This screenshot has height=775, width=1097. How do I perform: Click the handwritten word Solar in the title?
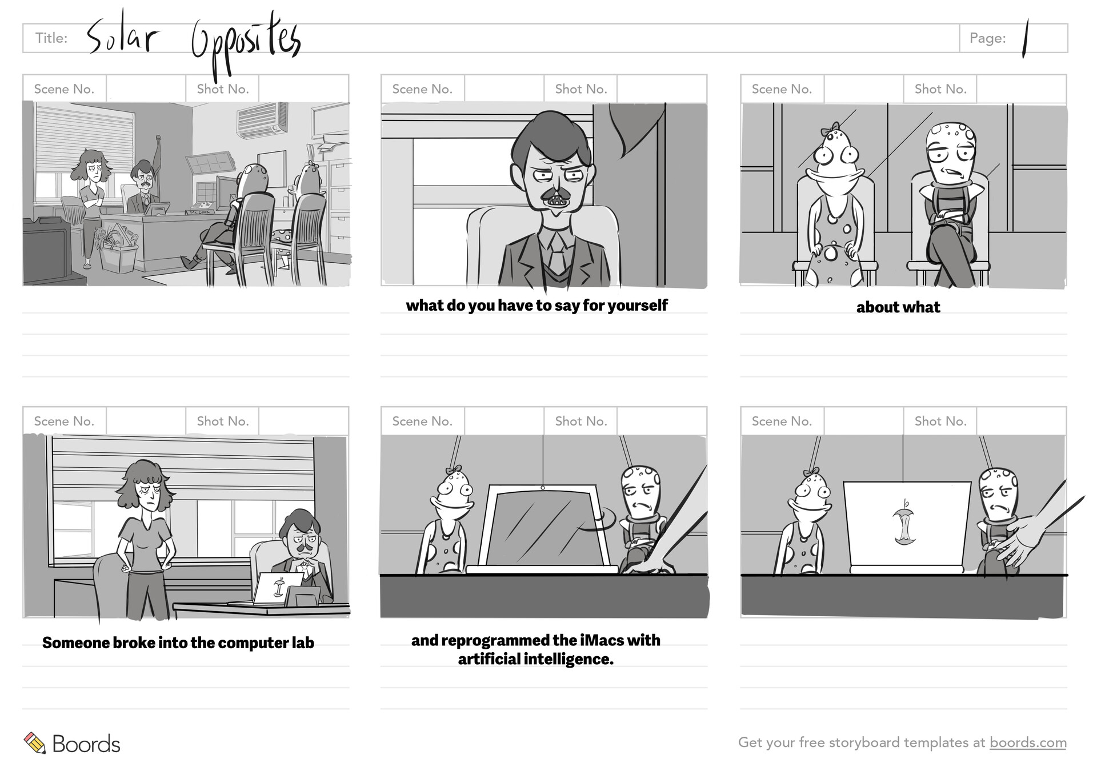(122, 38)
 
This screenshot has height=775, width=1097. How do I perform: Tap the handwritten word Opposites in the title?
(246, 43)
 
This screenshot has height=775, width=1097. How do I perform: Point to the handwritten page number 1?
(1026, 39)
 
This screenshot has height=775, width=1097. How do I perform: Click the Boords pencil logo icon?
(35, 743)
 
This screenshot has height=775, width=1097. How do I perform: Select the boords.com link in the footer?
(1027, 742)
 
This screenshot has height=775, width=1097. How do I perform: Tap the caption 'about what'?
(898, 307)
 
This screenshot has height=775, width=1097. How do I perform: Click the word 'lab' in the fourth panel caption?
(303, 643)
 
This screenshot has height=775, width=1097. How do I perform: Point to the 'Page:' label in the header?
(987, 38)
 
